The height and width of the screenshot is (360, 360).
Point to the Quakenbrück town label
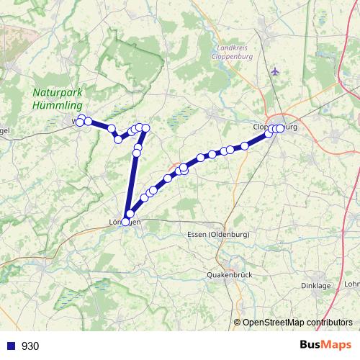(x=228, y=275)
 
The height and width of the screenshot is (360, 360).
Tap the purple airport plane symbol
(x=275, y=71)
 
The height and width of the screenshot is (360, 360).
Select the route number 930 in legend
(x=30, y=346)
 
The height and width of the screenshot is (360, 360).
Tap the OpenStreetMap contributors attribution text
(x=297, y=323)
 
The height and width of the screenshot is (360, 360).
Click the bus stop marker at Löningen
(x=125, y=222)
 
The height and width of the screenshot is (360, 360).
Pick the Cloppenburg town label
(x=275, y=127)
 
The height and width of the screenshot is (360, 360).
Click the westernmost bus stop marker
(x=81, y=118)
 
